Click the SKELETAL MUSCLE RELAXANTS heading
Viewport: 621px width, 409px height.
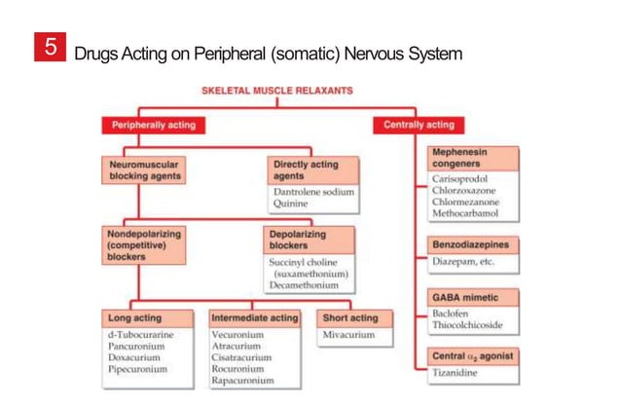tap(276, 91)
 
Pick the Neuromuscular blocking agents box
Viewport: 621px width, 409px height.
tap(143, 170)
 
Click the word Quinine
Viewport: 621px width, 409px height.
tap(292, 204)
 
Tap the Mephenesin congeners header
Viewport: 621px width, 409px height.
tap(473, 159)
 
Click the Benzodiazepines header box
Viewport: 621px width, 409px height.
tap(473, 243)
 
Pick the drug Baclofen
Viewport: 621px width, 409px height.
tap(452, 314)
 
